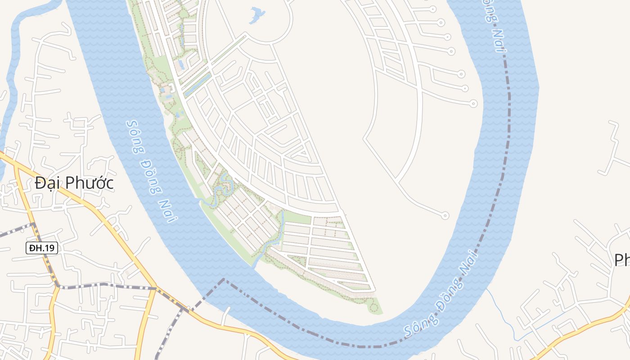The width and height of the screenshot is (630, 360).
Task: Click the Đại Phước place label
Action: (x=74, y=183)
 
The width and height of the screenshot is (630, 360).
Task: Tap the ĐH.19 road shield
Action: (x=42, y=248)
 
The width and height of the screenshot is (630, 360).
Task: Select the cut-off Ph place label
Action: (x=622, y=260)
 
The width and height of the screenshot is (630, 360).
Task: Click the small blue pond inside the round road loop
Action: (x=257, y=15)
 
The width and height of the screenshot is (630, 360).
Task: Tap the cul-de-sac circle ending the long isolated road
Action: (x=445, y=216)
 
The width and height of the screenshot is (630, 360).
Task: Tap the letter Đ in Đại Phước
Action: (x=40, y=183)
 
